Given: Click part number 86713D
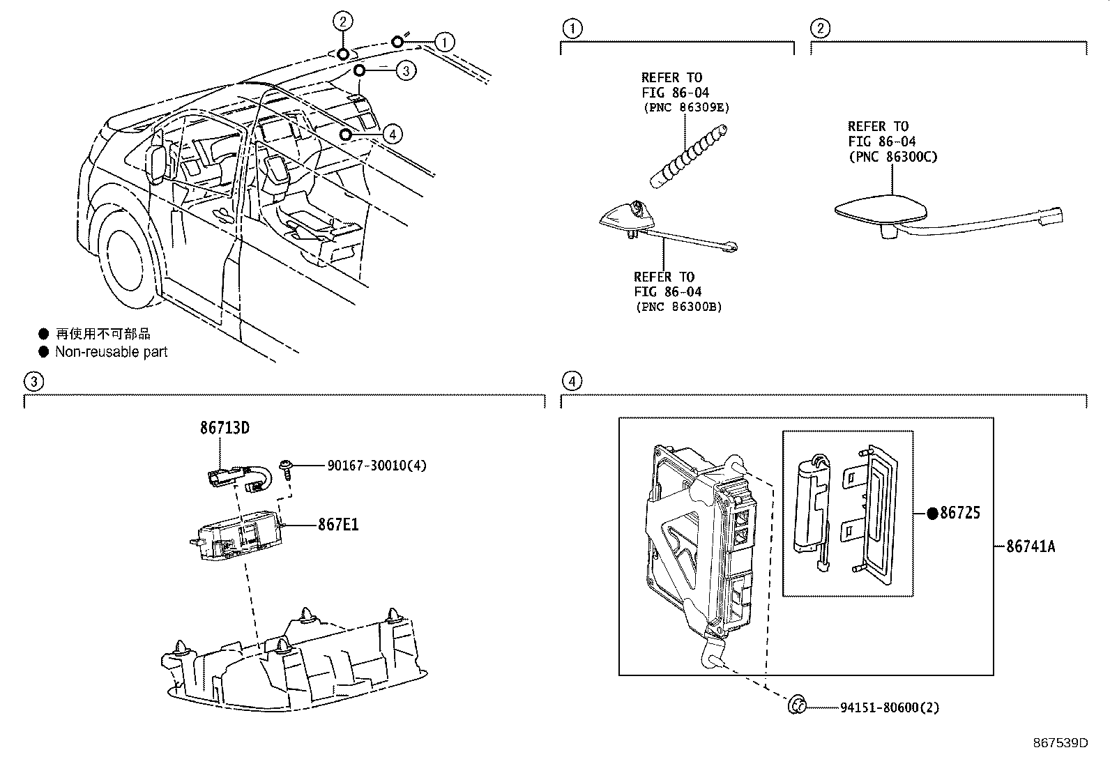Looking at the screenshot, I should click(225, 428).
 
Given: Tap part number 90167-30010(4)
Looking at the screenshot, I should click(377, 466).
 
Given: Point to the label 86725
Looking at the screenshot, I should click(960, 514).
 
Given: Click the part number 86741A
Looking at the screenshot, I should click(1030, 546).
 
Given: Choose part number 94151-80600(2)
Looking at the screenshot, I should click(889, 707).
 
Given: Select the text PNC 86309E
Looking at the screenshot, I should click(685, 107).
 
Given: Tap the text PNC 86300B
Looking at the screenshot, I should click(678, 307).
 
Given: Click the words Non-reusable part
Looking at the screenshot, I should click(112, 352).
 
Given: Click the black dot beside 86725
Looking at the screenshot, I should click(932, 514).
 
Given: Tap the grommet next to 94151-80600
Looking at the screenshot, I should click(796, 706).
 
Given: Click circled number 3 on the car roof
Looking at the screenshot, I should click(406, 70).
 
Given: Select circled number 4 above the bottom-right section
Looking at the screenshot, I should click(571, 381).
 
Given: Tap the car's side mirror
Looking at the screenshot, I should click(158, 160).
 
